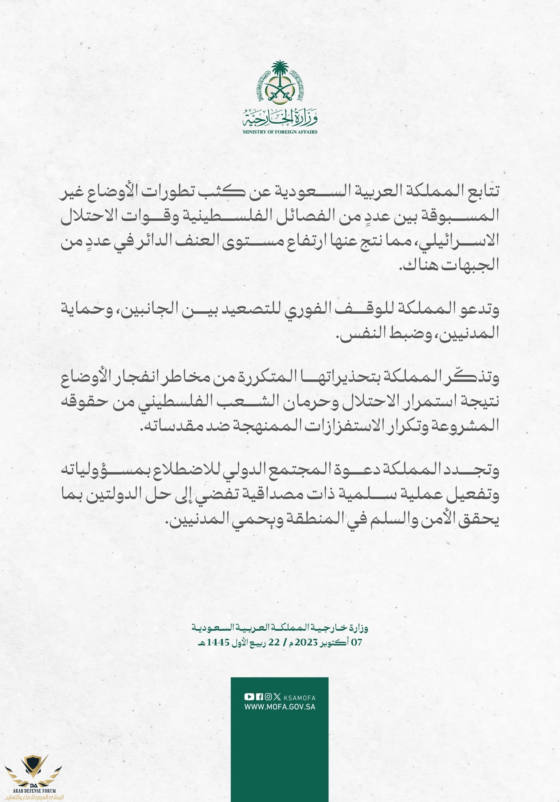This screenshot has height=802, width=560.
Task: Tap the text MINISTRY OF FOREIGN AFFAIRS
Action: (280, 132)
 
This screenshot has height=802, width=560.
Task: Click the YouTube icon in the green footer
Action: (249, 697)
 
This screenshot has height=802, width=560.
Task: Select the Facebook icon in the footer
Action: (259, 697)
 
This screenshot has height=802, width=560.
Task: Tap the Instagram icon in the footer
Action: (268, 697)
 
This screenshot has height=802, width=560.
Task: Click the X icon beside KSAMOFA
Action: (277, 697)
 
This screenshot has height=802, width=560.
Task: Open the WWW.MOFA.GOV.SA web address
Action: (280, 707)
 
